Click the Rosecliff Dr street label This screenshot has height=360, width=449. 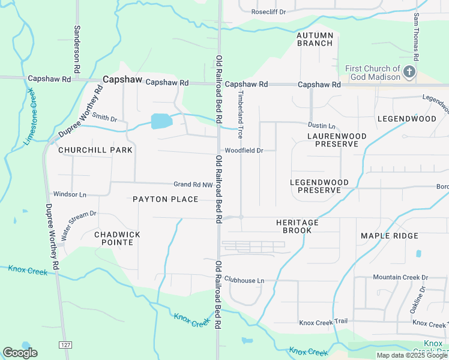click(268, 11)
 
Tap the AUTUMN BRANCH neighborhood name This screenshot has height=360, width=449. click(315, 40)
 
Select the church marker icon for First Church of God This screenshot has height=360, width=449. click(409, 73)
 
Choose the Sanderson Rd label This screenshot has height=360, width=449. click(77, 45)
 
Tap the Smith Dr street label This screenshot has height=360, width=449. click(104, 118)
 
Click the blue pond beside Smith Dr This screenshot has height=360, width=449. click(161, 122)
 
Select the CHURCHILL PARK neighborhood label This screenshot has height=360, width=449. click(86, 150)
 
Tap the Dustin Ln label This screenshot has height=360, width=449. click(321, 125)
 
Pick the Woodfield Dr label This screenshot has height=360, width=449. click(244, 151)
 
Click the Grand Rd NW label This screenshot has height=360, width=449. click(193, 185)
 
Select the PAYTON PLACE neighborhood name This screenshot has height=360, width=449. click(165, 199)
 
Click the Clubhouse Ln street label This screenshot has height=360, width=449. click(244, 280)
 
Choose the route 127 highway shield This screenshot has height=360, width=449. click(65, 344)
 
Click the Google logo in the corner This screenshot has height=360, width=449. click(20, 353)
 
